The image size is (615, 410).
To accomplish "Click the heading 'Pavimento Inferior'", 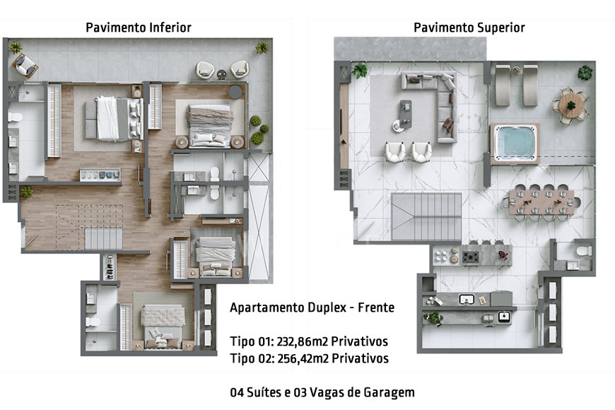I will click(139, 28).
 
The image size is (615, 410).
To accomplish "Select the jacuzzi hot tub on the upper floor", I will click(515, 142).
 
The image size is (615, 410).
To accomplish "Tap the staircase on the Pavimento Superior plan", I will click(420, 216).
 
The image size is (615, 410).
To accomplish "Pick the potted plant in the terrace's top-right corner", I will click(585, 71).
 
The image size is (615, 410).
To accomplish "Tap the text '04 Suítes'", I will click(255, 392).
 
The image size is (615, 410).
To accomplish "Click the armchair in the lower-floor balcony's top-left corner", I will click(25, 66).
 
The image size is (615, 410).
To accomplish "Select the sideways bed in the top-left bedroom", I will click(113, 117).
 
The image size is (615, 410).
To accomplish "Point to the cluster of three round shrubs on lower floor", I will click(257, 129).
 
